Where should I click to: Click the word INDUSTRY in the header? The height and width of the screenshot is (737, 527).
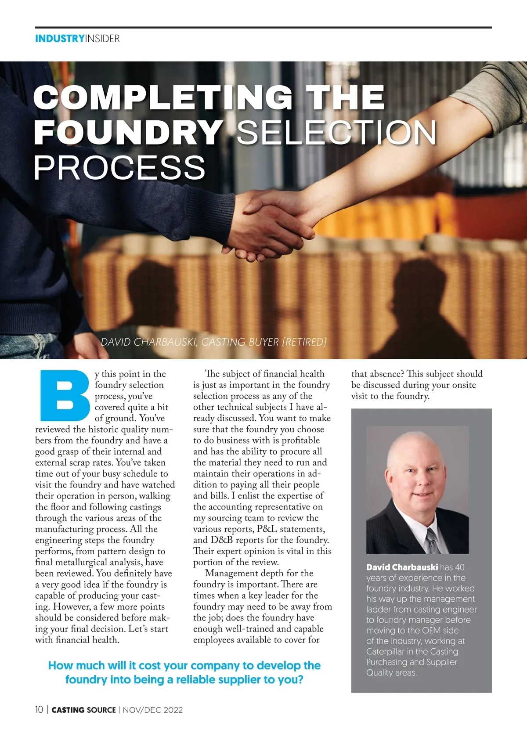[x=59, y=39]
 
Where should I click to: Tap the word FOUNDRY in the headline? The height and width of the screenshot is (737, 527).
[x=128, y=132]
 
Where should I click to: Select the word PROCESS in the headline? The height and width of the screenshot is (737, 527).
[x=119, y=168]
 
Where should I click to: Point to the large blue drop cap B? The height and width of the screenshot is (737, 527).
[x=64, y=396]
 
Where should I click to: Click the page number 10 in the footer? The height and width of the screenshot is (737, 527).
[x=39, y=710]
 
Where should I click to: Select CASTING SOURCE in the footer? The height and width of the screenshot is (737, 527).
[x=84, y=710]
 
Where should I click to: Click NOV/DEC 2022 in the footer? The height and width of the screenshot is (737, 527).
[x=153, y=710]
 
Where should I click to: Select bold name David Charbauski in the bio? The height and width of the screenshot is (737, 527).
[x=402, y=567]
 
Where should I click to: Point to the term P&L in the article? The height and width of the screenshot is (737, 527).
[x=267, y=529]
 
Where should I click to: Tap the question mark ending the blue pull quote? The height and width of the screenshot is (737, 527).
[x=300, y=680]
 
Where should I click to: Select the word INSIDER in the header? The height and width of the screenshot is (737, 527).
[x=102, y=39]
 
